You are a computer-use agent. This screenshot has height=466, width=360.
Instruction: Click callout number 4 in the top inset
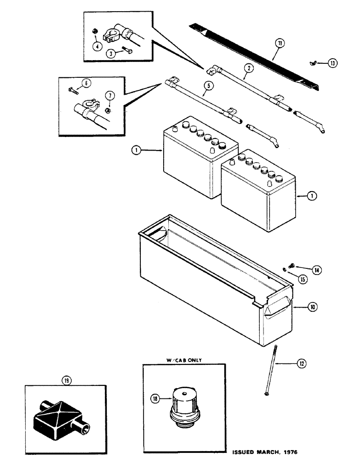[x=97, y=47]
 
